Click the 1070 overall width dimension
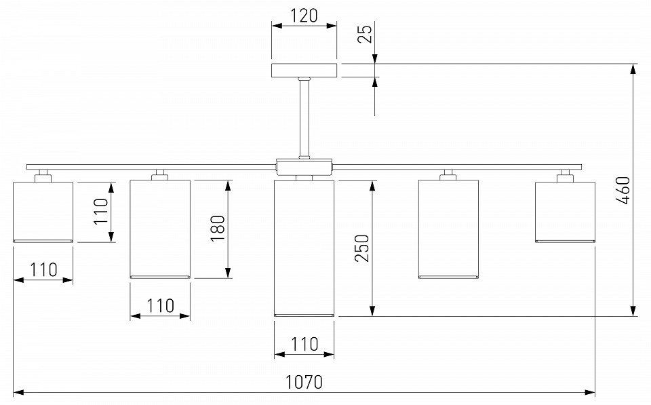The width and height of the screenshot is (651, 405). click(x=304, y=382)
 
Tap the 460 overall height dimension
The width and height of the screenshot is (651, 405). click(x=624, y=190)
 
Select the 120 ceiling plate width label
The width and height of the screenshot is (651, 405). click(x=304, y=15)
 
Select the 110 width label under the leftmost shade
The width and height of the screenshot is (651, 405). click(x=43, y=269)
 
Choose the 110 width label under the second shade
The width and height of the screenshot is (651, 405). click(x=160, y=305)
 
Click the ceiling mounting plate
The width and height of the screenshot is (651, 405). click(x=304, y=71)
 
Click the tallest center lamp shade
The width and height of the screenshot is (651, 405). click(x=304, y=248)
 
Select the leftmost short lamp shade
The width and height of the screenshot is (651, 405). click(x=43, y=212)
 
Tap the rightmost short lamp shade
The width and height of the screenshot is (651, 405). click(x=565, y=212)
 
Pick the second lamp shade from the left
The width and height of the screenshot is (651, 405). click(x=159, y=229)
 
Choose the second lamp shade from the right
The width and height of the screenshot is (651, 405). click(x=448, y=229)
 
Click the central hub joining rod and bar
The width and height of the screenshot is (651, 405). click(x=304, y=166)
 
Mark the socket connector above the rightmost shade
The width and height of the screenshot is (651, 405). click(x=564, y=176)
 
